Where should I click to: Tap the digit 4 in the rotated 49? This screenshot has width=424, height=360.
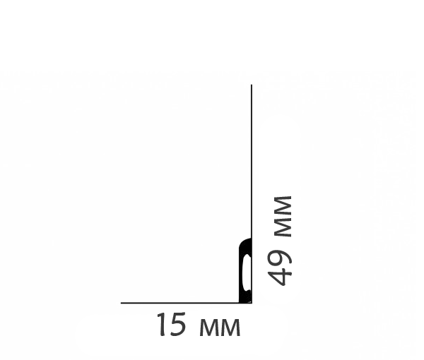(x=281, y=275)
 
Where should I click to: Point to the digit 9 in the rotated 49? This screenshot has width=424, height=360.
(x=281, y=256)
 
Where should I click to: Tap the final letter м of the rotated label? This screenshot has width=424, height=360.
(x=283, y=206)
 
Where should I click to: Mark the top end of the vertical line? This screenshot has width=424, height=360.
(x=252, y=85)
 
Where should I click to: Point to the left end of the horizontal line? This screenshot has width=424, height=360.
(x=122, y=303)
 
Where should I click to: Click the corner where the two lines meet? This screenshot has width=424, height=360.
(x=252, y=303)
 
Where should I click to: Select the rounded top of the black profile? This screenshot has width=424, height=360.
(x=245, y=244)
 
